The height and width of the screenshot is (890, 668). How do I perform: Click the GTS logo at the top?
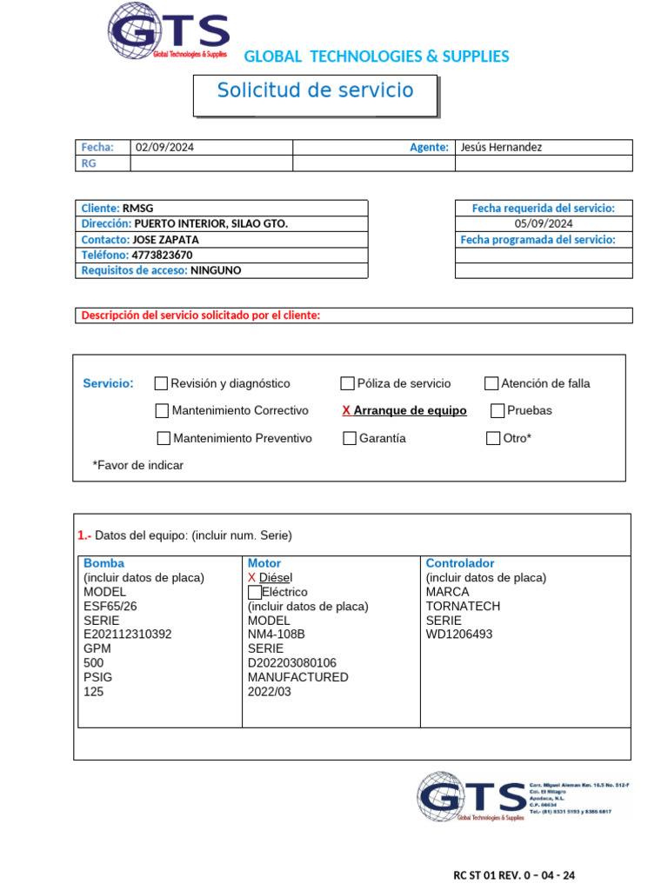click(x=168, y=32)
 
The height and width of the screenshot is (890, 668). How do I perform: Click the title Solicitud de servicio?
click(x=315, y=90)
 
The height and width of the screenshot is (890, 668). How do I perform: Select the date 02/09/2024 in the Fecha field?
click(x=165, y=147)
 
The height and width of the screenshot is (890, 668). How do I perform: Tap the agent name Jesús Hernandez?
click(x=501, y=147)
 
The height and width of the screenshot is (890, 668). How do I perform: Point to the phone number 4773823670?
click(x=162, y=255)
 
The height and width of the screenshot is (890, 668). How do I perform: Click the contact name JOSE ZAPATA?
click(x=165, y=239)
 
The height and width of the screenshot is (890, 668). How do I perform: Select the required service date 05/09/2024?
click(x=543, y=223)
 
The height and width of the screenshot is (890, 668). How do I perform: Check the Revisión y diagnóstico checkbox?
click(x=161, y=383)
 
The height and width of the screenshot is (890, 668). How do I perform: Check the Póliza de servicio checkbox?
click(x=348, y=383)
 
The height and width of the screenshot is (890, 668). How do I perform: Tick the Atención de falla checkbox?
click(x=491, y=383)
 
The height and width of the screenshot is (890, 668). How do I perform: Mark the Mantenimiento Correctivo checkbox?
click(x=162, y=410)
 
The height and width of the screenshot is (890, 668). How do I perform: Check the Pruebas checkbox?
click(x=498, y=410)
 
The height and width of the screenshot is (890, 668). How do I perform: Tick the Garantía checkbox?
click(x=350, y=438)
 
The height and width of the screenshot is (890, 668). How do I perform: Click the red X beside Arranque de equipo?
click(x=346, y=410)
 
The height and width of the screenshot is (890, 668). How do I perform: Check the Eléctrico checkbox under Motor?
click(x=254, y=592)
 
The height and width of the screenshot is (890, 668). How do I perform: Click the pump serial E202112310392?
click(x=128, y=634)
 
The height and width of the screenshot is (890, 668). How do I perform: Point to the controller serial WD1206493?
click(x=459, y=634)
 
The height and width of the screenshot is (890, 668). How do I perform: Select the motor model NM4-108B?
click(x=277, y=634)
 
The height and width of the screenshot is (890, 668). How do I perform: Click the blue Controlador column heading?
click(x=460, y=563)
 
